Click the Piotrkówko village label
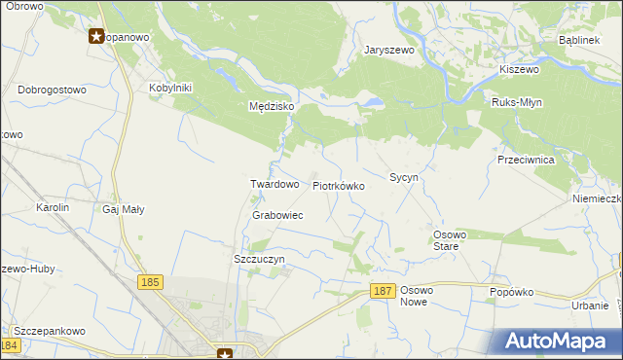pos(338,185)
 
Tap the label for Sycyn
pos(404,178)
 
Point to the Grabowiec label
pos(277,215)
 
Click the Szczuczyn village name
pos(259,259)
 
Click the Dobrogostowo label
pos(52,90)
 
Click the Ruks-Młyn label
pos(517,102)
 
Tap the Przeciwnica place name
pos(526,160)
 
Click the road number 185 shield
pos(149,282)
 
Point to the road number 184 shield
pos(10,345)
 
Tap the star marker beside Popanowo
pos(97,37)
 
